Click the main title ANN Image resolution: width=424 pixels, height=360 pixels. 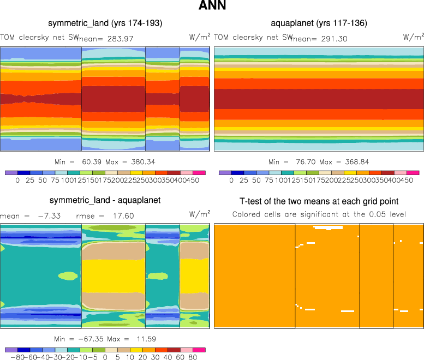(x=212, y=7)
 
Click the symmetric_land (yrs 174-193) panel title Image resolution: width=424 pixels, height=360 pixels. (x=105, y=23)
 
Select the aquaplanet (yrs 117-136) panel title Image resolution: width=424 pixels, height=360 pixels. (x=319, y=23)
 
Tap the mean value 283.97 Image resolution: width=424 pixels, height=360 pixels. (x=121, y=39)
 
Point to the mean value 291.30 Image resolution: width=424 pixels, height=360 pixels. (x=335, y=39)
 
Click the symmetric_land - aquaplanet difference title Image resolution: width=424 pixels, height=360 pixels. (x=105, y=201)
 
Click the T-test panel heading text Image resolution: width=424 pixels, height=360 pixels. (x=319, y=201)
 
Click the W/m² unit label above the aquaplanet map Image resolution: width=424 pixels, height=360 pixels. (x=413, y=37)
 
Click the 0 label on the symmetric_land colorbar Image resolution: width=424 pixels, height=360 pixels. (x=17, y=179)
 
